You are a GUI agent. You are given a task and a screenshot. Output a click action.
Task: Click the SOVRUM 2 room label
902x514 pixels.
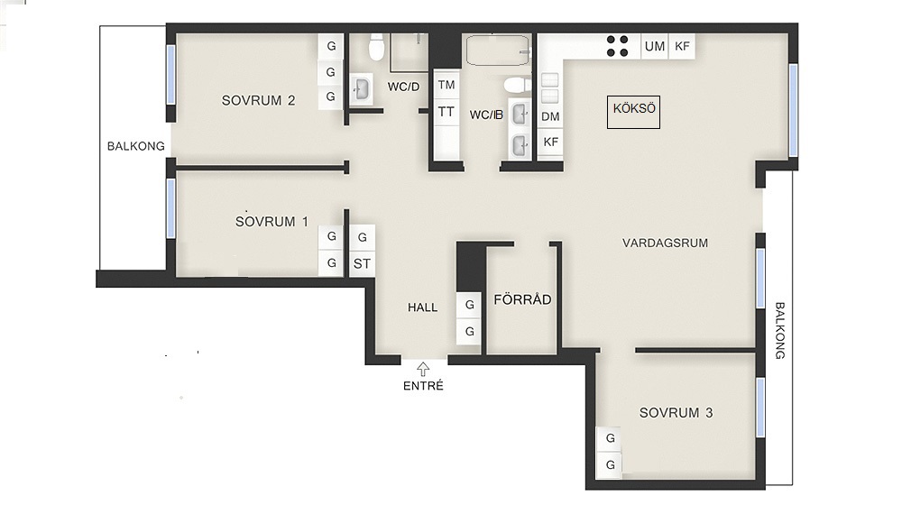coord(258,101)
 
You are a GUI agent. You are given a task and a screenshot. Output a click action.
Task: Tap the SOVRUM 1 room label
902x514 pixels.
coord(272,221)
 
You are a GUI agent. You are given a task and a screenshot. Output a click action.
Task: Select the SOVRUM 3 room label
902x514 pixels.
coord(676,413)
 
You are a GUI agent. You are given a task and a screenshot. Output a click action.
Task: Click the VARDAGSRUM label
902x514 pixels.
coord(665,243)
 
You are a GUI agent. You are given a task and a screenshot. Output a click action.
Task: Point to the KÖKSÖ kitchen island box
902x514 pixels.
coord(633,112)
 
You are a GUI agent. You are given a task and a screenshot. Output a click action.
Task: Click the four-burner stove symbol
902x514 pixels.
coord(617,46)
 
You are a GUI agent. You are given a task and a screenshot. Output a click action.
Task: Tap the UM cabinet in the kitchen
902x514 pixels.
coord(655,46)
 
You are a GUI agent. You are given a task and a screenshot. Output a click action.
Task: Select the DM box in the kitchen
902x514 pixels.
coord(550,116)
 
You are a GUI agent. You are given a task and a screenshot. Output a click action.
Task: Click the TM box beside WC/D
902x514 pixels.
coord(446,85)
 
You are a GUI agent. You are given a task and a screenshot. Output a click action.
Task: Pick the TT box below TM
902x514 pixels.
coord(446,112)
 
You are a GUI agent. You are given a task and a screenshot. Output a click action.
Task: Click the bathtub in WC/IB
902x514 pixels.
coord(498,50)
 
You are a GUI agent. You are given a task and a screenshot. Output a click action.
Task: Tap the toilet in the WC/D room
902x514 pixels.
coord(377,48)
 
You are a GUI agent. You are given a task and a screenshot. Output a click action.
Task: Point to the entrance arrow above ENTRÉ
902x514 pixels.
coord(423,369)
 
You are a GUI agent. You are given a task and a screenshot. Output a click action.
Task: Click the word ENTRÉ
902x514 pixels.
coord(423,386)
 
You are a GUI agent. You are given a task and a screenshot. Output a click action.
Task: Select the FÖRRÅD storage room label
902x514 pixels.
coord(522,299)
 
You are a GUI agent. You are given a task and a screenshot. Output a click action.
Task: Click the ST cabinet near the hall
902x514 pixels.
coord(362,264)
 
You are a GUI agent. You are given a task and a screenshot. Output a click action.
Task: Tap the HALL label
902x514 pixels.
coord(423,307)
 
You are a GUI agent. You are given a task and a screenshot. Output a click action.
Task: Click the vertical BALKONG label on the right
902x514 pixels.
coord(780,331)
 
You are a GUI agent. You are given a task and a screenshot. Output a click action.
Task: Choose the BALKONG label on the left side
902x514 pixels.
coord(136,146)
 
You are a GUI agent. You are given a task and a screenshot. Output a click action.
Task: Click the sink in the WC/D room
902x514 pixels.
coord(362,89)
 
